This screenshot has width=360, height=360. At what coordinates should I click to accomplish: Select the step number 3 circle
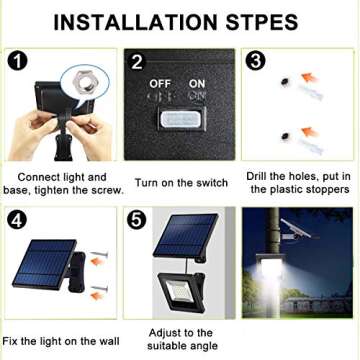coord(256,59)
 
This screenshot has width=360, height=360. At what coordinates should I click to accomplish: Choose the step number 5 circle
coord(138,217)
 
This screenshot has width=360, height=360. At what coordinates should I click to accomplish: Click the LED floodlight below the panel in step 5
coord(182,297)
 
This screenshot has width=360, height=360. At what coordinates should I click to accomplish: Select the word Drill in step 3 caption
coord(260,175)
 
